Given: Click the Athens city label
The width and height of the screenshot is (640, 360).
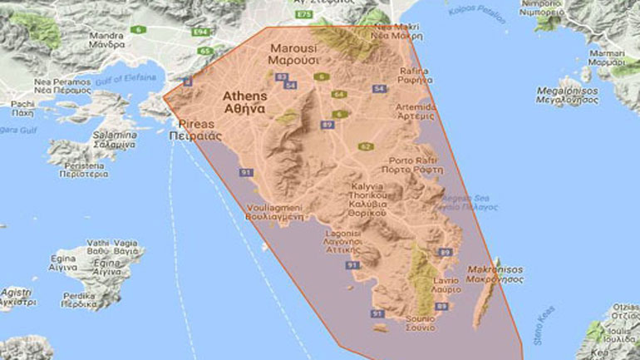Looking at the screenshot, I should tap(244, 102).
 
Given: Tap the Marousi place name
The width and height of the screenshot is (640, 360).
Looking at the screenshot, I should tap(290, 54).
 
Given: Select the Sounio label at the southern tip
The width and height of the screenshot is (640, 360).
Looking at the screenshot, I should tap(419, 323).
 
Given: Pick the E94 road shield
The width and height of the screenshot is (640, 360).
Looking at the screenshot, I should tap(200, 32).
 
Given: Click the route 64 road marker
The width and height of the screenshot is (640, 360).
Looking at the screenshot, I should tap(337, 94).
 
